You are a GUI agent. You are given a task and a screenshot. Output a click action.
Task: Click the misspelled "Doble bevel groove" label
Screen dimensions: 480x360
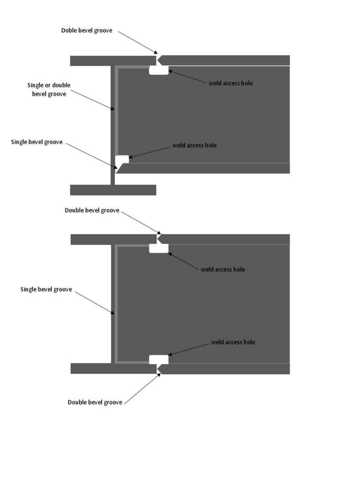pos(87,30)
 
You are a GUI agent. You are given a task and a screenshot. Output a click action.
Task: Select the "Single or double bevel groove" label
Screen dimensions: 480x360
pos(49,90)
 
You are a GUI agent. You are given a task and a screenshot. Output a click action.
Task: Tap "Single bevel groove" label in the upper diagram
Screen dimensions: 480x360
pos(37,142)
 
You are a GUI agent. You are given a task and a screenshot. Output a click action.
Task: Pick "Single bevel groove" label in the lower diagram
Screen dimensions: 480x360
pos(46,289)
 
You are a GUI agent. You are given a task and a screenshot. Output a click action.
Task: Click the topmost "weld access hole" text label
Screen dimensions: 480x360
pos(231,83)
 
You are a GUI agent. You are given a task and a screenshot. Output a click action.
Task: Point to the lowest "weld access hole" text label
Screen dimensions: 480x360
pos(233,342)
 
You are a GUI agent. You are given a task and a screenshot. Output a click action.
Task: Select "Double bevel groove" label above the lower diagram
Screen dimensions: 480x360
pos(92,210)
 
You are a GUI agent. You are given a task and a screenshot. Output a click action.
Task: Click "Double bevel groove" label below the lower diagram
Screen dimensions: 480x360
pos(95,402)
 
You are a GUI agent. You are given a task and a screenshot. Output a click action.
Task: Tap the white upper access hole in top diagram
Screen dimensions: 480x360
pos(158,70)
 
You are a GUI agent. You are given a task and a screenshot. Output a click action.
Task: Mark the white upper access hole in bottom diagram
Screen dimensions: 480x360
pos(158,248)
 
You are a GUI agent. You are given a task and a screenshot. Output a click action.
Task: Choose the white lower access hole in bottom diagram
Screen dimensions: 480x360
pos(158,360)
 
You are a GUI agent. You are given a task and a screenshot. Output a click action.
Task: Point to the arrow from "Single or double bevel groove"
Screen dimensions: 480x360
pos(92,100)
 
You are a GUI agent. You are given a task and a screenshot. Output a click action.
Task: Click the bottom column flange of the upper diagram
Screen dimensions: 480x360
pos(113,190)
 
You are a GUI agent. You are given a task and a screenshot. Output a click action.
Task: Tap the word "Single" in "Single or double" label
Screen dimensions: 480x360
pos(36,85)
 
